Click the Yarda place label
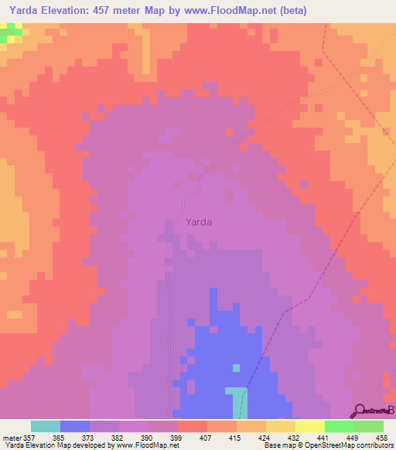(x=199, y=221)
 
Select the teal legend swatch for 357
(x=45, y=426)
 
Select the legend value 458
(x=381, y=437)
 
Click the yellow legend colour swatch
(x=309, y=426)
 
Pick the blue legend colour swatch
(x=74, y=426)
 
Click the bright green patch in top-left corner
(x=11, y=32)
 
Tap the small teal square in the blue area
(x=237, y=367)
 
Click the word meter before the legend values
(x=12, y=437)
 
